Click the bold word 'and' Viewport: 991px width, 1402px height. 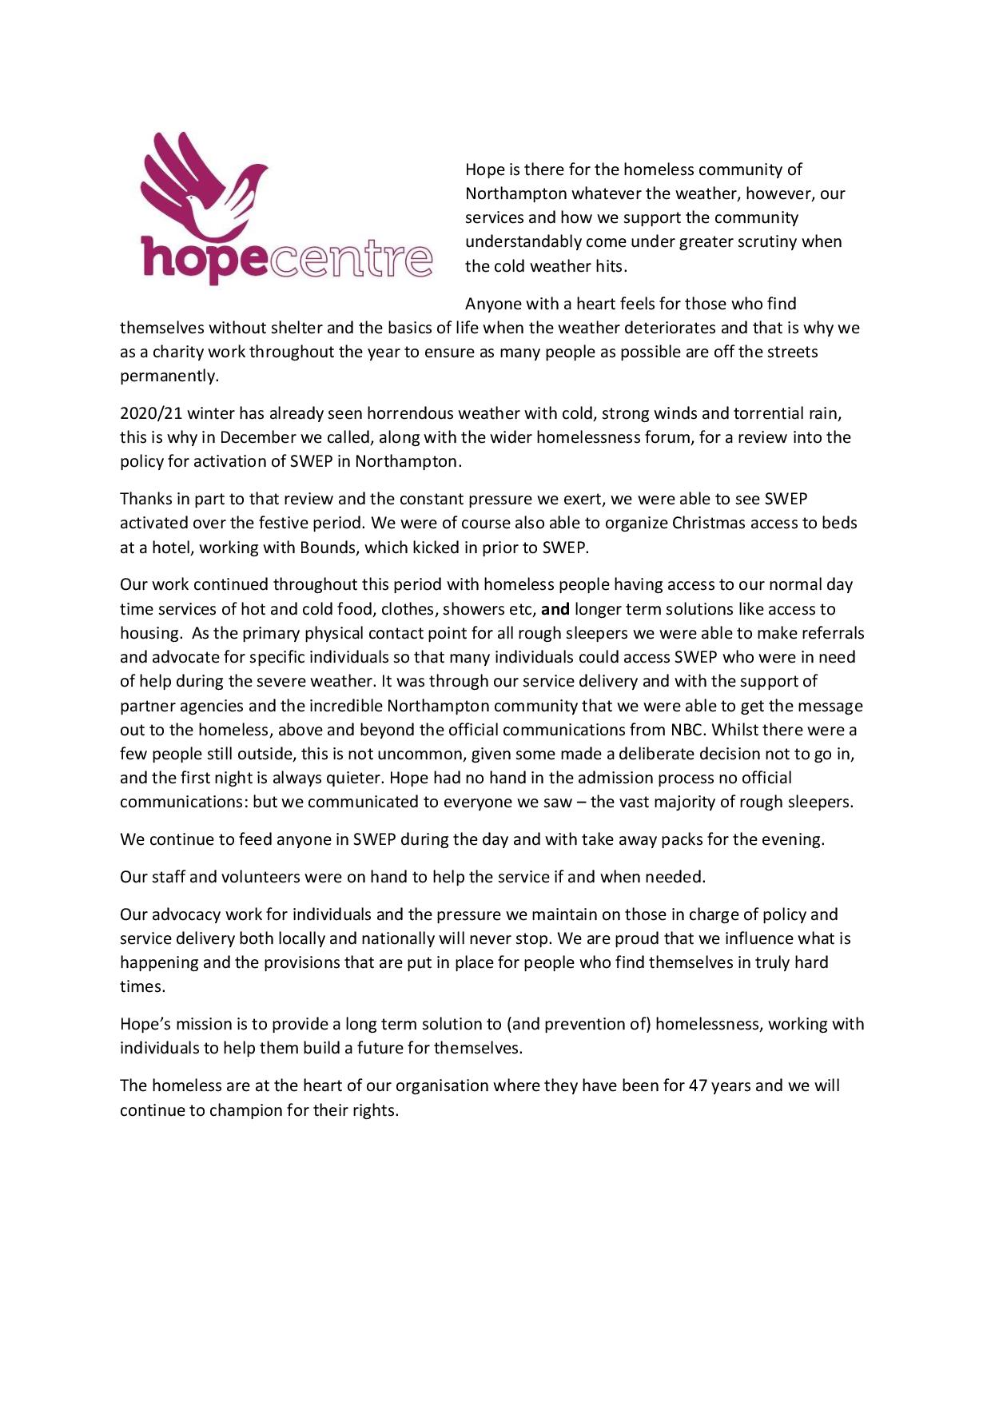coord(555,609)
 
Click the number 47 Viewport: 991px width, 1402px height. coord(698,1085)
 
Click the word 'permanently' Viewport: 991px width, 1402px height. coord(169,376)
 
